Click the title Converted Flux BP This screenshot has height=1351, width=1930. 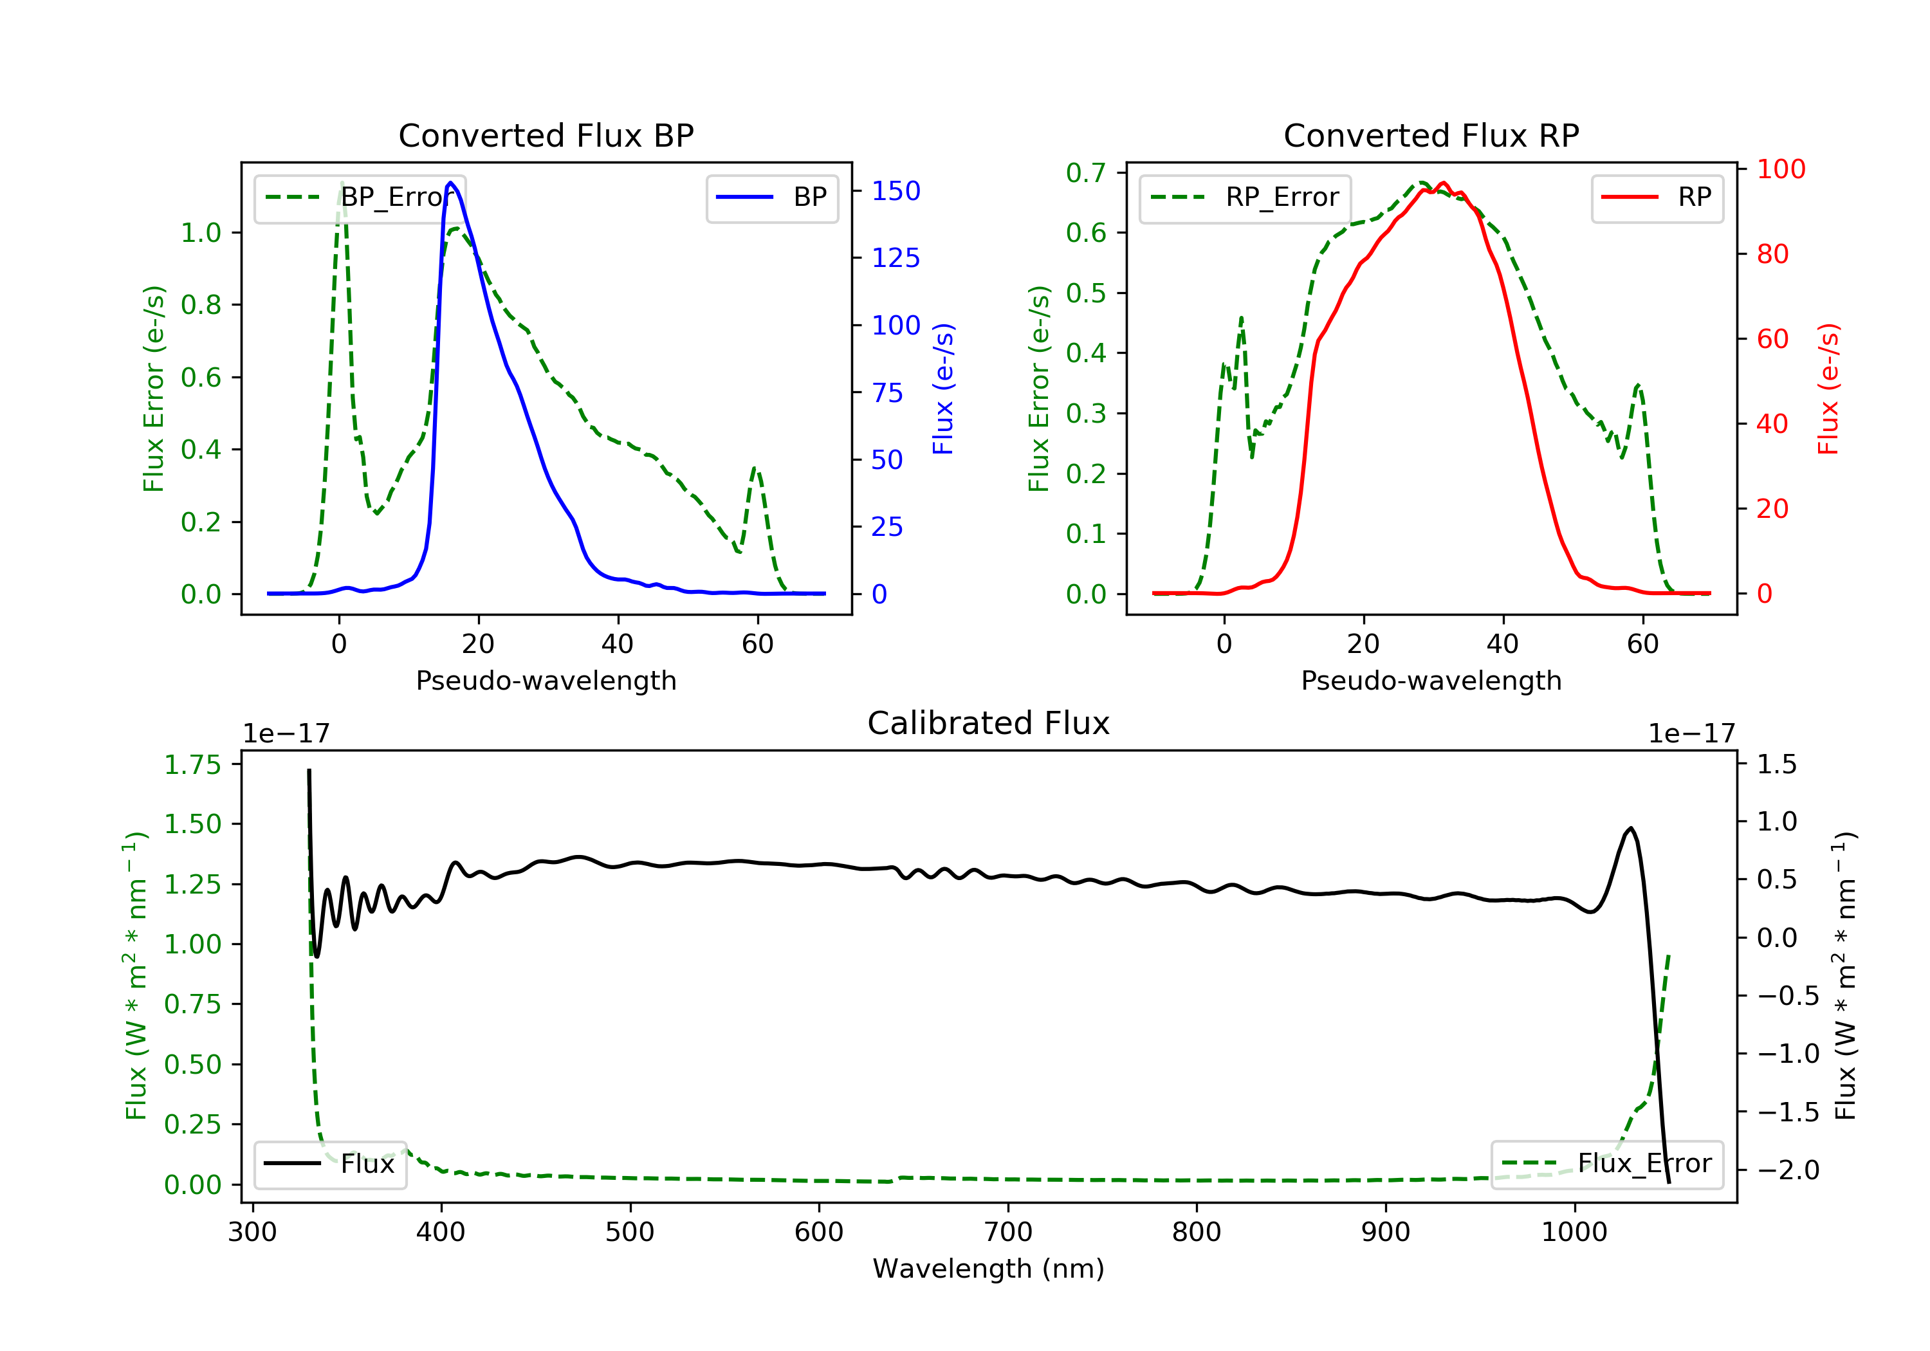(x=546, y=135)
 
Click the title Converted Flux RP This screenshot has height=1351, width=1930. (x=1431, y=135)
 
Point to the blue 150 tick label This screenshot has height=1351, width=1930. (x=896, y=192)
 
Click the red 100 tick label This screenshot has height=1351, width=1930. (x=1780, y=170)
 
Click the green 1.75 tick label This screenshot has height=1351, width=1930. (x=192, y=765)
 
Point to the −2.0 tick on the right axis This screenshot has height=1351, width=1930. (x=1788, y=1170)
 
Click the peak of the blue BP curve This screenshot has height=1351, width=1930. (x=452, y=183)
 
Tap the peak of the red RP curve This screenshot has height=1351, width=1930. (x=1443, y=183)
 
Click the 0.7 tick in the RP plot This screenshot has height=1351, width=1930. (x=1085, y=173)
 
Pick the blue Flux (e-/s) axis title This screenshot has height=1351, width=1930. (x=943, y=389)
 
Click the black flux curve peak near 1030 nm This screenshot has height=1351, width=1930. (x=1631, y=829)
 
